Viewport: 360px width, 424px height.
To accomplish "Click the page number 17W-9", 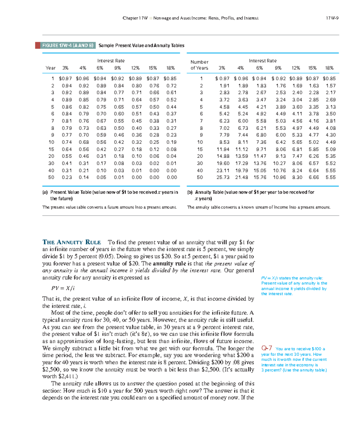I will [x=332, y=18].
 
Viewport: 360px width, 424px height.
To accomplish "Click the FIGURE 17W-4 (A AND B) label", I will [x=68, y=46].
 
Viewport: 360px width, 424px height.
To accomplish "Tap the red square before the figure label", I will [x=37, y=46].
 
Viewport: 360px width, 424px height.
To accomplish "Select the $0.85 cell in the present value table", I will [x=170, y=79].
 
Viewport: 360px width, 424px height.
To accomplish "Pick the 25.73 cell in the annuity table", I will [x=223, y=177].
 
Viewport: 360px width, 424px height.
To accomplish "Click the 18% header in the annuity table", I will [x=329, y=68].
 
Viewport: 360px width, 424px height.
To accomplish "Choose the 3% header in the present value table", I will [x=65, y=68].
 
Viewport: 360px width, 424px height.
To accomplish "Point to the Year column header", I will [x=50, y=68].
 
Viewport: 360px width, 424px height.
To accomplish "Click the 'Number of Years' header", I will [x=199, y=65].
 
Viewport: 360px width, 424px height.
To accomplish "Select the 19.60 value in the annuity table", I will [x=223, y=163].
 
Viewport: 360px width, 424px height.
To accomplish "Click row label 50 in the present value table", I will [x=51, y=177].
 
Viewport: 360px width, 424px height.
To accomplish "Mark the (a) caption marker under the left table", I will [x=45, y=192].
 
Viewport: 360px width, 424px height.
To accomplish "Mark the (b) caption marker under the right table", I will [x=190, y=192].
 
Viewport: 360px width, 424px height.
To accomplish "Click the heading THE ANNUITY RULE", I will [x=72, y=242].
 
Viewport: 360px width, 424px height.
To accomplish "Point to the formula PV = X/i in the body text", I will [x=63, y=288].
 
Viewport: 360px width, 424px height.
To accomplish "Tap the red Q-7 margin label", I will [x=266, y=348].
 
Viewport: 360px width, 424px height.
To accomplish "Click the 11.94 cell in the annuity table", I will [x=223, y=149].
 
